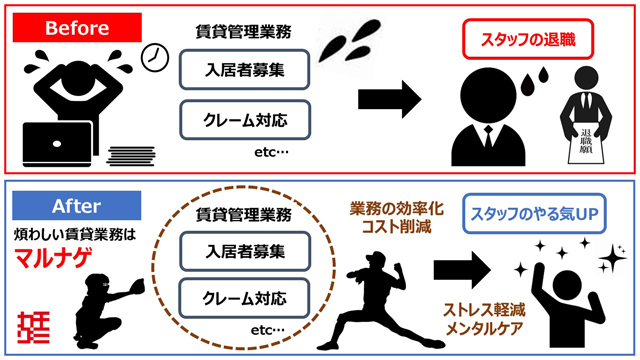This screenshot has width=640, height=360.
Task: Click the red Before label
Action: tap(77, 27)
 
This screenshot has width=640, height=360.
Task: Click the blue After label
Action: tap(77, 205)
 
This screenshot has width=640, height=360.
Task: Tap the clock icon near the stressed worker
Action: tap(155, 58)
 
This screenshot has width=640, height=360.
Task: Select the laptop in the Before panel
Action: tap(58, 144)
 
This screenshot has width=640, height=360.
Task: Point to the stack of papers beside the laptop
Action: tap(131, 156)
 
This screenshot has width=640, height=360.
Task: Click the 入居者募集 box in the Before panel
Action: tap(244, 69)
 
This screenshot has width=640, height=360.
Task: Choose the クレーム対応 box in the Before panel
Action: tap(245, 120)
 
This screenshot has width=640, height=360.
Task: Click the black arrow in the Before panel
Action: tap(389, 99)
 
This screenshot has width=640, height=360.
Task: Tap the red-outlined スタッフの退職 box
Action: tap(528, 40)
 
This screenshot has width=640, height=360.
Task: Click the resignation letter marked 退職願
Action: tap(586, 143)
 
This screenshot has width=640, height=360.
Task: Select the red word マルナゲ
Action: tap(53, 258)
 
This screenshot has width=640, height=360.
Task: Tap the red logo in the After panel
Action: tap(33, 327)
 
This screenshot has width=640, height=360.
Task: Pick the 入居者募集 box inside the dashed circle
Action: tap(245, 251)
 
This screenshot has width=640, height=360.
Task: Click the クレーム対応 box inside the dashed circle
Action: tap(244, 298)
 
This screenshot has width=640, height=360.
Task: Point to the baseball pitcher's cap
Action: tap(376, 257)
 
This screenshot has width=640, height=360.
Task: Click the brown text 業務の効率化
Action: tap(396, 209)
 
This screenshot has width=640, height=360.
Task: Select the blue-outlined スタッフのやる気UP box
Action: tap(534, 214)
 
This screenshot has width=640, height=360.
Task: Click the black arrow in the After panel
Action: tap(462, 270)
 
